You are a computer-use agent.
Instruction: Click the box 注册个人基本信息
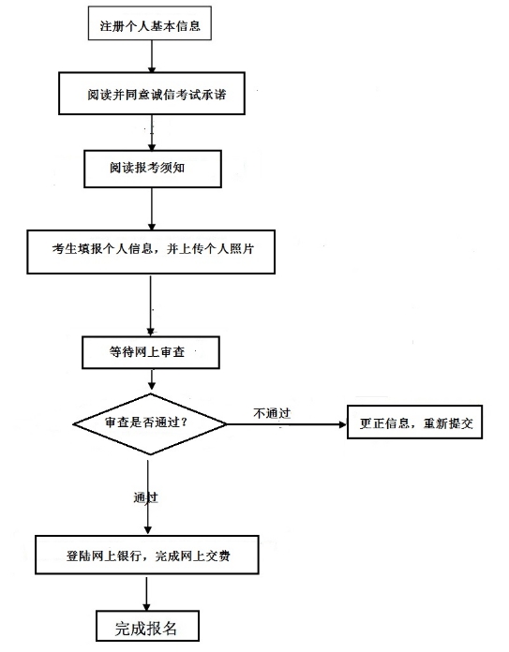(x=150, y=23)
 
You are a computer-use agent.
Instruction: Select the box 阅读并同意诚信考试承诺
(x=152, y=94)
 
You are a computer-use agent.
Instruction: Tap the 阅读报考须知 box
(x=153, y=169)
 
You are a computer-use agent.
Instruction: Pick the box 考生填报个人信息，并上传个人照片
(x=151, y=252)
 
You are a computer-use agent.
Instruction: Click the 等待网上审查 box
(x=151, y=352)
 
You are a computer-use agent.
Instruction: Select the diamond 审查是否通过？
(x=150, y=424)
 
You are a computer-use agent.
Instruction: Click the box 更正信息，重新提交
(x=415, y=422)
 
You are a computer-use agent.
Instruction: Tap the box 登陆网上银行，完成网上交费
(x=147, y=556)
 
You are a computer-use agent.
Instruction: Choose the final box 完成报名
(x=147, y=626)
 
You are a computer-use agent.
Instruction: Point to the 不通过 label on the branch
(x=272, y=413)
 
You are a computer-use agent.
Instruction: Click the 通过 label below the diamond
(x=145, y=497)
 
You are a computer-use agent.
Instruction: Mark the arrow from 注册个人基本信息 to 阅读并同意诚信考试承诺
(x=152, y=56)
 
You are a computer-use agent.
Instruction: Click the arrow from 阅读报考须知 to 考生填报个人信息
(x=152, y=209)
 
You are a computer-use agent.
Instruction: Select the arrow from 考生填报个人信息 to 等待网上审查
(x=151, y=305)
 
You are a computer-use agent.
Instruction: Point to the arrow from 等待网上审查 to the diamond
(x=152, y=379)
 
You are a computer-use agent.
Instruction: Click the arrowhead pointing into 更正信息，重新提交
(x=343, y=424)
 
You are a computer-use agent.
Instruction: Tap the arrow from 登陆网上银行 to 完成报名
(x=146, y=593)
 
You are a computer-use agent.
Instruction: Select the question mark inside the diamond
(x=184, y=422)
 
